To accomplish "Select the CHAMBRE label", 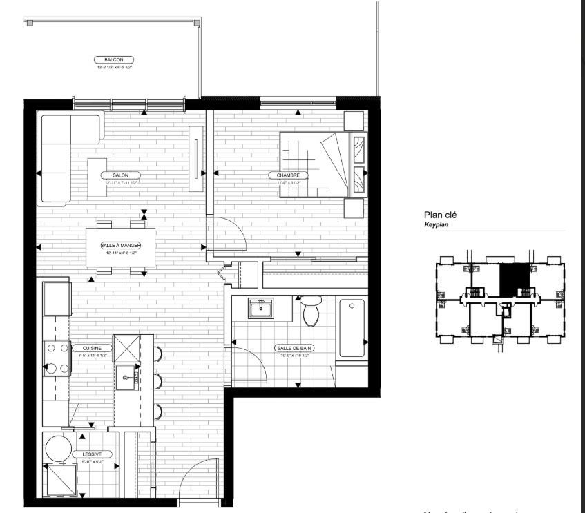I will [288, 175].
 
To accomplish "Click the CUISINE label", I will [93, 348].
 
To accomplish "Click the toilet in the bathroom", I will [311, 311].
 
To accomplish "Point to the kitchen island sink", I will [127, 377].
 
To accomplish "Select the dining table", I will [120, 246].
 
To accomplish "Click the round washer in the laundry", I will [59, 448].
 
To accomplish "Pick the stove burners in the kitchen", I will [56, 359].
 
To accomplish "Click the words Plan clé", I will [440, 215].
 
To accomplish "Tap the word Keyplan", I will [436, 225].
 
